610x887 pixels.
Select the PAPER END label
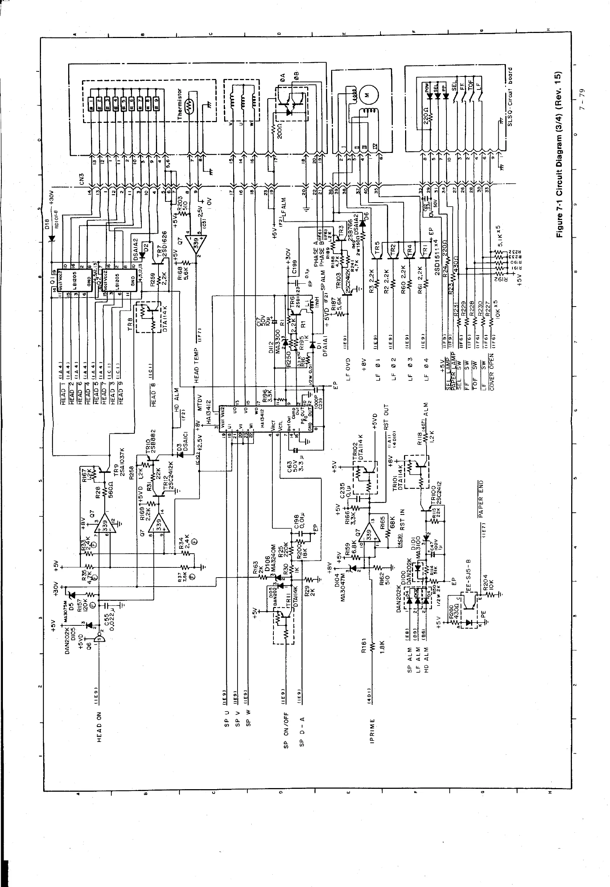(x=481, y=498)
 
